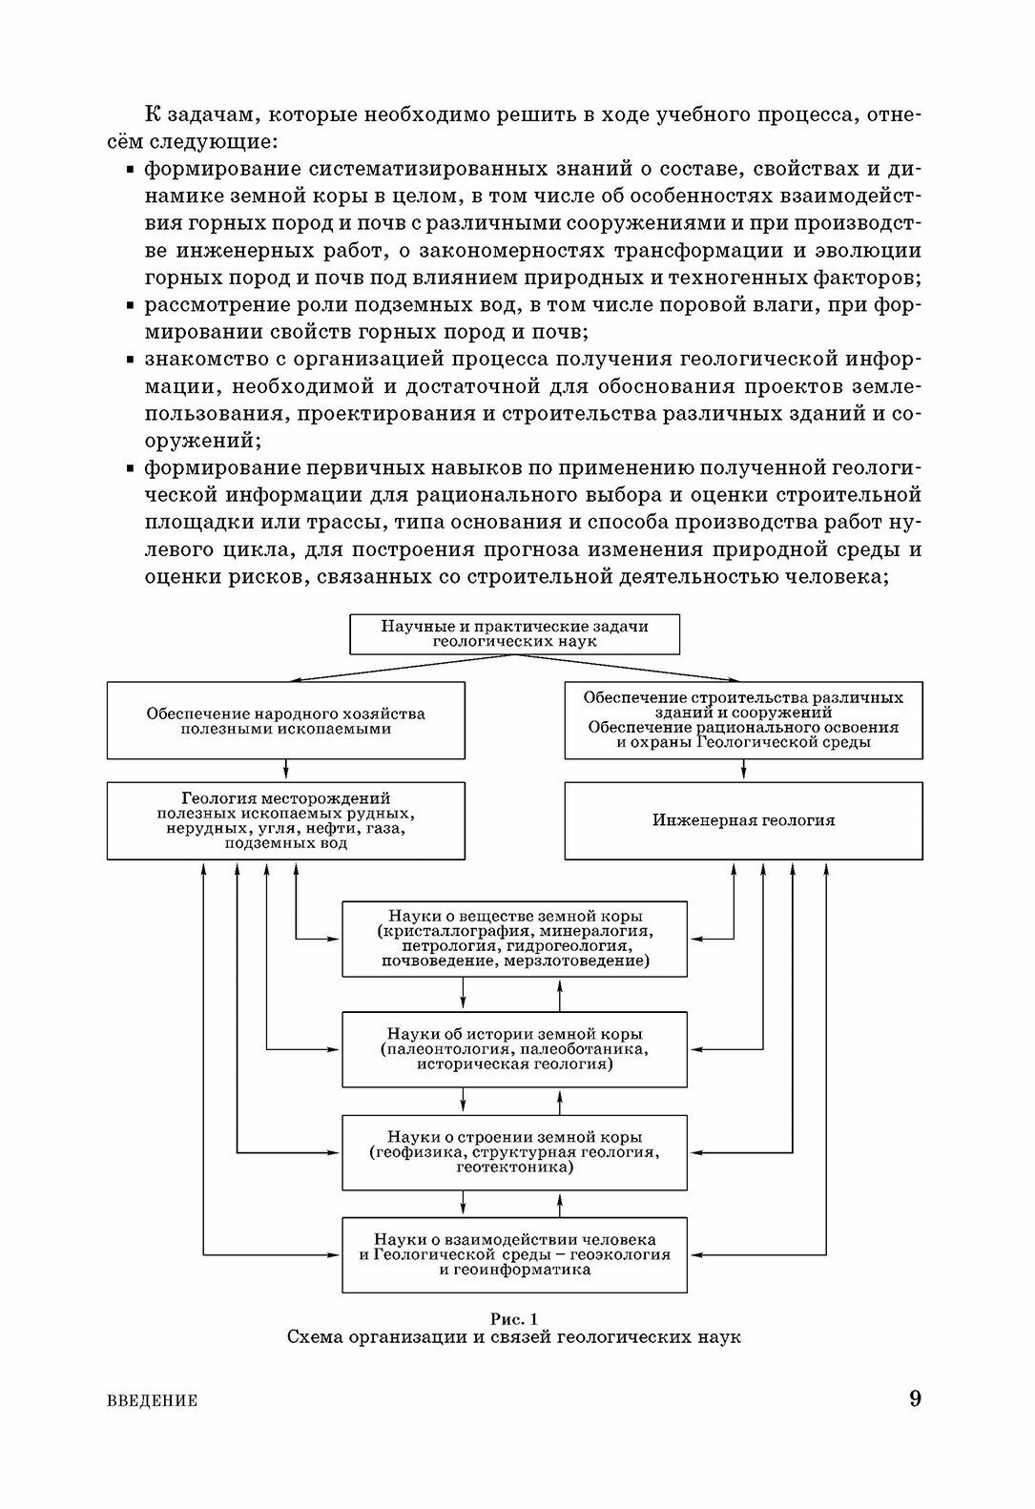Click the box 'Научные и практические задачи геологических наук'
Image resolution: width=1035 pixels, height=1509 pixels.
[x=514, y=634]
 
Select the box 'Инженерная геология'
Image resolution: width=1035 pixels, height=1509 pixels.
[x=743, y=820]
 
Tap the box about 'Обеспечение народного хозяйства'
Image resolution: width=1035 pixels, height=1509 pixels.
[x=286, y=720]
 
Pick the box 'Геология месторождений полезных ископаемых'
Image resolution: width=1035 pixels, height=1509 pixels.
[x=286, y=820]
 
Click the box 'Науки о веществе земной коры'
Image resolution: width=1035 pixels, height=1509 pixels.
[x=514, y=939]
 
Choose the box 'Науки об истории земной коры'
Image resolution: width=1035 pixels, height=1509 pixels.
[x=514, y=1049]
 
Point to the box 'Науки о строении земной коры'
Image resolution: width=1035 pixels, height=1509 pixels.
[x=514, y=1152]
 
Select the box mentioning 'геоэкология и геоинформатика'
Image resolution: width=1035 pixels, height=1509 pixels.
[x=514, y=1254]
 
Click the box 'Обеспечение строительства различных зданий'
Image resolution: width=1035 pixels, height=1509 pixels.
[x=743, y=720]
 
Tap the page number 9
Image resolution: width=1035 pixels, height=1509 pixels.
[x=915, y=1399]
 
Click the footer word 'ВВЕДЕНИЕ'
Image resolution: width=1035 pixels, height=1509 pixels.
[x=148, y=1401]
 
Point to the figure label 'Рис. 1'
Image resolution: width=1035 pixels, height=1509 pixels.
[x=514, y=1318]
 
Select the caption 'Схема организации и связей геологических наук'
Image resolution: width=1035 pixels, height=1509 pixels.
[x=514, y=1337]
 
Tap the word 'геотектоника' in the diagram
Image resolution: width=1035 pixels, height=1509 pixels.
[x=515, y=1167]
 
